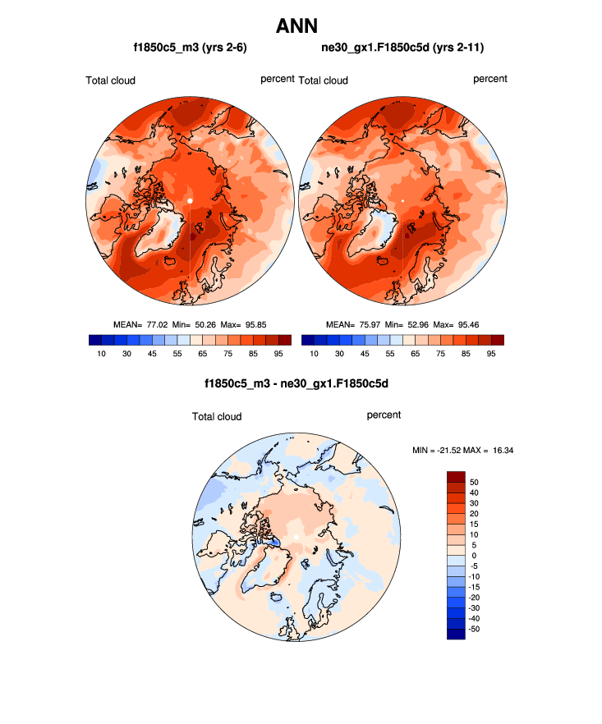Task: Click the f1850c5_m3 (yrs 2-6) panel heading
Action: click(x=191, y=48)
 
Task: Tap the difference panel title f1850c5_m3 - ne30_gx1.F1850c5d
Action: click(x=296, y=383)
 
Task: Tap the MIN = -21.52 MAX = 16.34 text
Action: click(x=462, y=450)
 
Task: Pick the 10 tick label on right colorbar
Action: click(x=313, y=354)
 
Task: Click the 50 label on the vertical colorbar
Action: click(x=474, y=482)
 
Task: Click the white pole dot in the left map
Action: click(x=190, y=200)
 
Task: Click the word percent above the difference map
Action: click(x=384, y=415)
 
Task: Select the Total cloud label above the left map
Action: click(x=110, y=80)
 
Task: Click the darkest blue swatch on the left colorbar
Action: click(x=94, y=340)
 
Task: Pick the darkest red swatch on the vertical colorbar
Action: click(x=456, y=477)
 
